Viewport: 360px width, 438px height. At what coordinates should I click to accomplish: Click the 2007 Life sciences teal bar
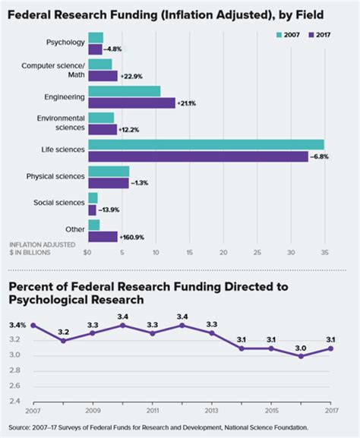(206, 145)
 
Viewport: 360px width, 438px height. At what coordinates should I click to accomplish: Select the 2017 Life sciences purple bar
(198, 156)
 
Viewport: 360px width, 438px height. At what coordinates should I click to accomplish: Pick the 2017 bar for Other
(103, 236)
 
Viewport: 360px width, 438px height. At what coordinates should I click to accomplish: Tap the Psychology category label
(65, 43)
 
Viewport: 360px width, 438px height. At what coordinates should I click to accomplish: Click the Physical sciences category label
(55, 177)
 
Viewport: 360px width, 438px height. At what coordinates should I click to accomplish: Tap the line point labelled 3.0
(302, 355)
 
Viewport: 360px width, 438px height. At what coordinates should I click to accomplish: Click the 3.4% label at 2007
(17, 325)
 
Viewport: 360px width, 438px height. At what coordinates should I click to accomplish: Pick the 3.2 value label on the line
(64, 332)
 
